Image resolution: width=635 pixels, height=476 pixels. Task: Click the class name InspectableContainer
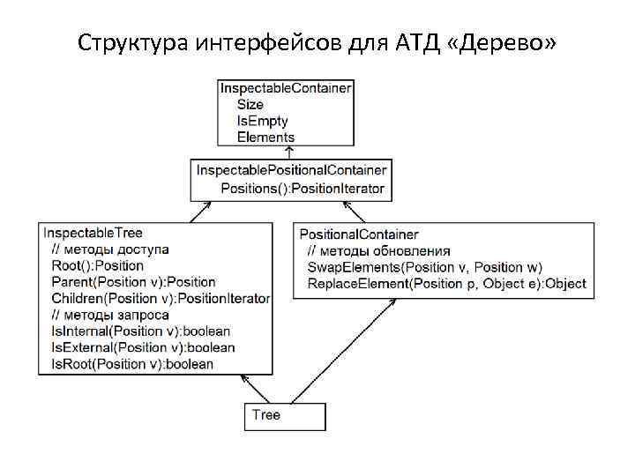tap(286, 88)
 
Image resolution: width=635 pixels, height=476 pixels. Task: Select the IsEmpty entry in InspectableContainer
tap(262, 121)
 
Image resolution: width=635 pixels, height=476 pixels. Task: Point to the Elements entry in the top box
tap(265, 137)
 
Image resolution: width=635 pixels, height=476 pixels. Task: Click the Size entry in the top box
tap(250, 105)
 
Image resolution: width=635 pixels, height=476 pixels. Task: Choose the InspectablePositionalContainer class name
tap(291, 169)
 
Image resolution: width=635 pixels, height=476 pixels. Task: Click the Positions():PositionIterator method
tap(303, 188)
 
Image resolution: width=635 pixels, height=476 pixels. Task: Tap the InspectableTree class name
tap(92, 233)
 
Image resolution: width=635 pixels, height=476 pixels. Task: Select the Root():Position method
tap(97, 265)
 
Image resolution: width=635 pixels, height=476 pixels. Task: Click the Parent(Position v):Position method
tap(133, 282)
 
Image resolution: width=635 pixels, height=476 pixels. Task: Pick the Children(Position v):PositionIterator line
tap(161, 299)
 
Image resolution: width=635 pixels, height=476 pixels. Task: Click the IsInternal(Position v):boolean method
tap(141, 331)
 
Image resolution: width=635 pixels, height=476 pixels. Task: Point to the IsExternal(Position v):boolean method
tap(143, 347)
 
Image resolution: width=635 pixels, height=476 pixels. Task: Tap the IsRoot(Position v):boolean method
tap(132, 364)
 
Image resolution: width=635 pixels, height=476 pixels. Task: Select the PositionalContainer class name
tap(359, 234)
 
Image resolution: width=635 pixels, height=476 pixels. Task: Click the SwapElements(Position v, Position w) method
tap(425, 267)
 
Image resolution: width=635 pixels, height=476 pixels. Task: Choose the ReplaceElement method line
tap(446, 284)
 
